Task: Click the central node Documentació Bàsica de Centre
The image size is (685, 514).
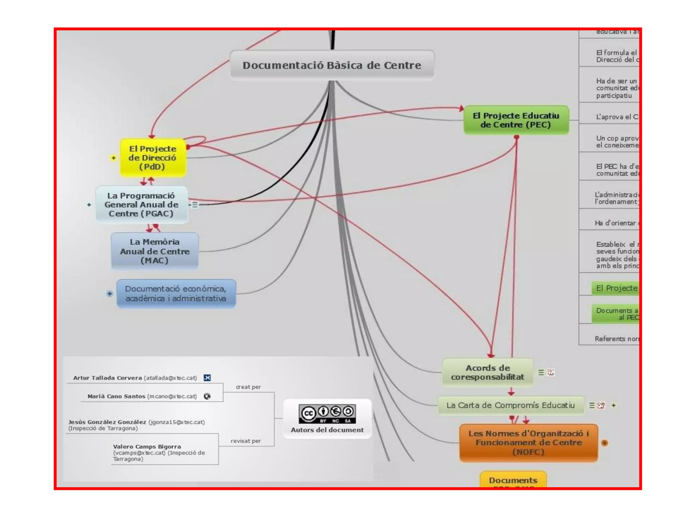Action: (x=332, y=65)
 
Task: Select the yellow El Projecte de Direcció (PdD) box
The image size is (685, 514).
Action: (x=153, y=158)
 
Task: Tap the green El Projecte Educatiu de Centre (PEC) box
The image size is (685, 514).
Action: (x=516, y=120)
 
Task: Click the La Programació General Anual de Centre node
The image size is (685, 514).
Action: (x=141, y=204)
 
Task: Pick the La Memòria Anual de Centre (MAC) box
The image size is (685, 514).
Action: (x=155, y=251)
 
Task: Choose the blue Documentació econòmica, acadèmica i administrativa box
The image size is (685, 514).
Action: (x=176, y=293)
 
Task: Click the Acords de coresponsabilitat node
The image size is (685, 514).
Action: (x=487, y=372)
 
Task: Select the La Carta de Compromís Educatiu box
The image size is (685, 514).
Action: (x=510, y=405)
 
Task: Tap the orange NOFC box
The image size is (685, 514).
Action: (x=528, y=443)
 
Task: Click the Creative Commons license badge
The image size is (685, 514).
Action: (x=327, y=414)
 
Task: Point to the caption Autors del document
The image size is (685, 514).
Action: (x=327, y=430)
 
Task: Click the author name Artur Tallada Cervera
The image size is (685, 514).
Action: (x=107, y=378)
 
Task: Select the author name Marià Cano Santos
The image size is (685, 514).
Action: (x=116, y=396)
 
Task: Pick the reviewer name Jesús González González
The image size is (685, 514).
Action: (x=107, y=422)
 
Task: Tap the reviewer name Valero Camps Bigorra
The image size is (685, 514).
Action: (x=147, y=446)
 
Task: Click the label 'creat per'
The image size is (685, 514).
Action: (x=248, y=387)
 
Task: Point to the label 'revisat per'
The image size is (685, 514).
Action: (x=246, y=441)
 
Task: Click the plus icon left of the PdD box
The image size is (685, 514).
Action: (x=113, y=158)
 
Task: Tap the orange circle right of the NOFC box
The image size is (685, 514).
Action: (x=604, y=443)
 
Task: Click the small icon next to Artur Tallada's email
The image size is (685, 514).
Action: (x=207, y=378)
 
